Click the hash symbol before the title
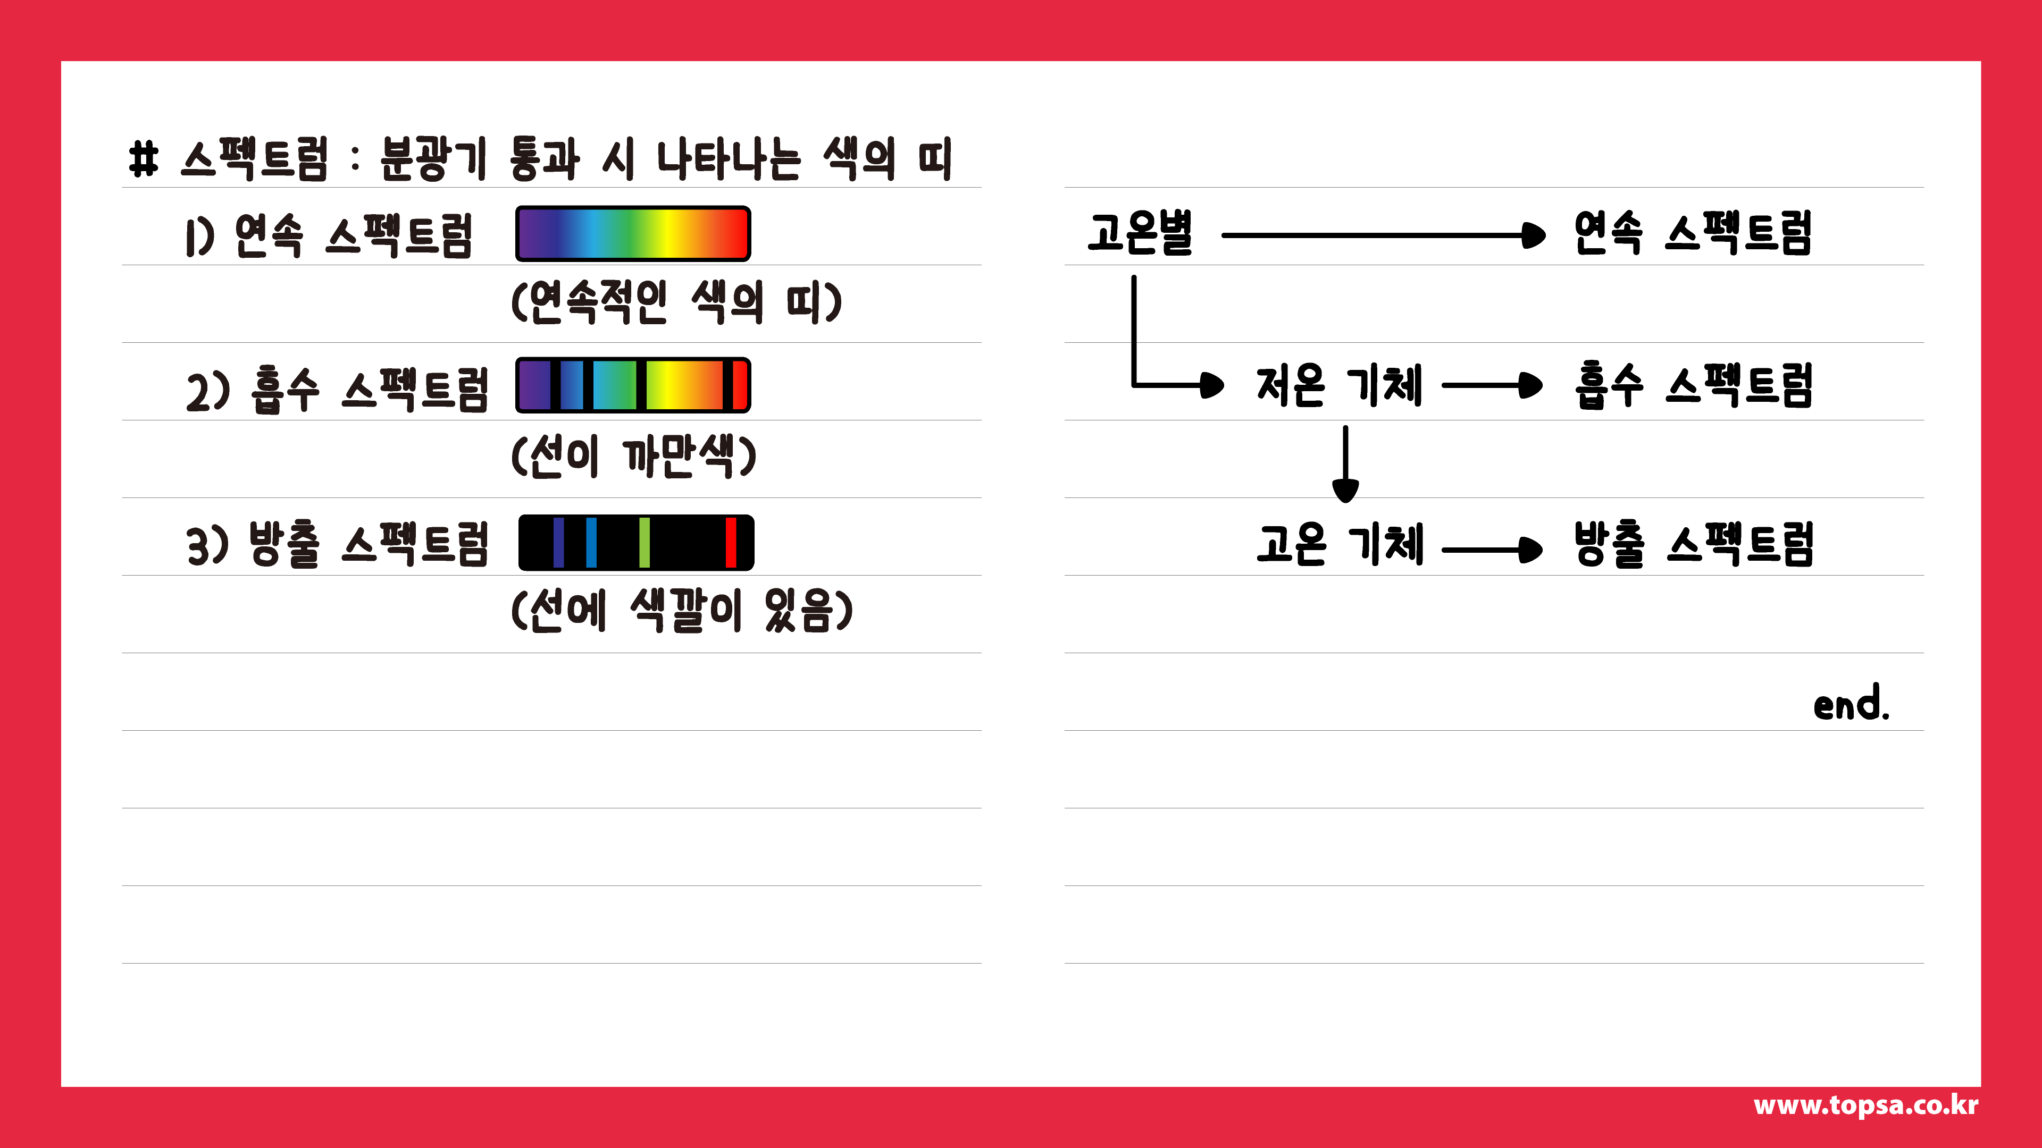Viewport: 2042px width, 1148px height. [x=144, y=158]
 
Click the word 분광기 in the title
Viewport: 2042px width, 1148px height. [x=432, y=158]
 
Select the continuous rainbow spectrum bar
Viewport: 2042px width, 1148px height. [x=633, y=234]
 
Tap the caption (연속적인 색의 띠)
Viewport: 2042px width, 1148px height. [x=676, y=302]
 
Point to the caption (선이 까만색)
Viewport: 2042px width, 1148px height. [x=633, y=457]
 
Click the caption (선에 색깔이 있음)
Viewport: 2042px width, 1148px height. [x=682, y=611]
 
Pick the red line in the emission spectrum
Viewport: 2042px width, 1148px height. [x=731, y=543]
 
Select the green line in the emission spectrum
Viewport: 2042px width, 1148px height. [x=645, y=543]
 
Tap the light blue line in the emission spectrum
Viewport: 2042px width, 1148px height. [x=591, y=543]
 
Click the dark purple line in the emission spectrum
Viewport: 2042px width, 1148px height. [x=559, y=543]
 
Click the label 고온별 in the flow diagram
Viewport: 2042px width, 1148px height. [x=1140, y=234]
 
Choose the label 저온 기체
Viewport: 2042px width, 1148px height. [x=1340, y=386]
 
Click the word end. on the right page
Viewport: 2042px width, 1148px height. [x=1851, y=704]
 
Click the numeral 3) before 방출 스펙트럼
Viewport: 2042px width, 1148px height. [x=207, y=546]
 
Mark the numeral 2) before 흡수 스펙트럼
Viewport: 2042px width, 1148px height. [x=207, y=391]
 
